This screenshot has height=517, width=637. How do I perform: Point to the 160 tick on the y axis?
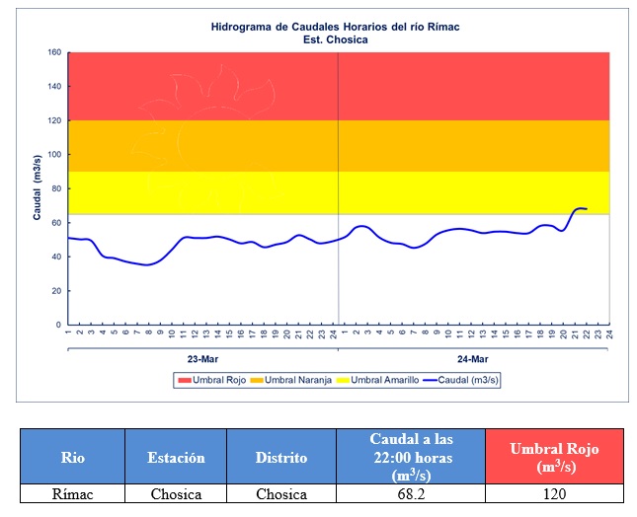55,52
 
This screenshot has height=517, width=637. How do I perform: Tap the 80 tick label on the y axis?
57,188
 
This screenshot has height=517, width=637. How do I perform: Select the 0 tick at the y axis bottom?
59,325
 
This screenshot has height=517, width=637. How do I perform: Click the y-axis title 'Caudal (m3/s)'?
37,187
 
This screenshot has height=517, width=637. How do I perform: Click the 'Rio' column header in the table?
72,457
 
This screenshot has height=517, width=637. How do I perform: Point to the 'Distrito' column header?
280,457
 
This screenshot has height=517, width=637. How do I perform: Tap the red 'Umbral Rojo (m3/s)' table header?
554,457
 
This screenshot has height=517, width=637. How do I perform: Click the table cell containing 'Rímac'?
72,494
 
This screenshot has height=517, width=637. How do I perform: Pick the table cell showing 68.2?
410,494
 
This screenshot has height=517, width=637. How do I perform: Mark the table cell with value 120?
554,494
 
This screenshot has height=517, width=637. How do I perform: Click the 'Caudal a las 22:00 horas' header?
410,456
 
